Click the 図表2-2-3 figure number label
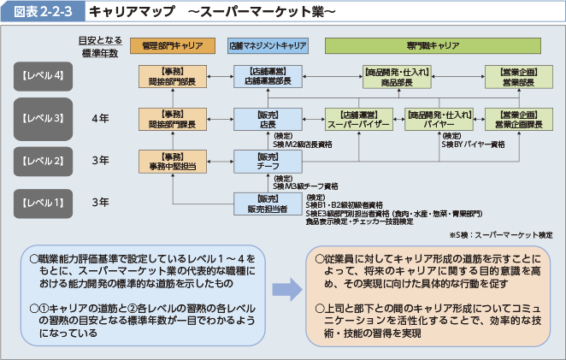tap(42, 12)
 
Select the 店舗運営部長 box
tap(268, 77)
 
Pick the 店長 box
tap(268, 120)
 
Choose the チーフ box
tap(268, 162)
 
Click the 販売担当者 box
tap(268, 203)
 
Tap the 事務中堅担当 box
tap(172, 162)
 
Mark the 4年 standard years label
tap(100, 119)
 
